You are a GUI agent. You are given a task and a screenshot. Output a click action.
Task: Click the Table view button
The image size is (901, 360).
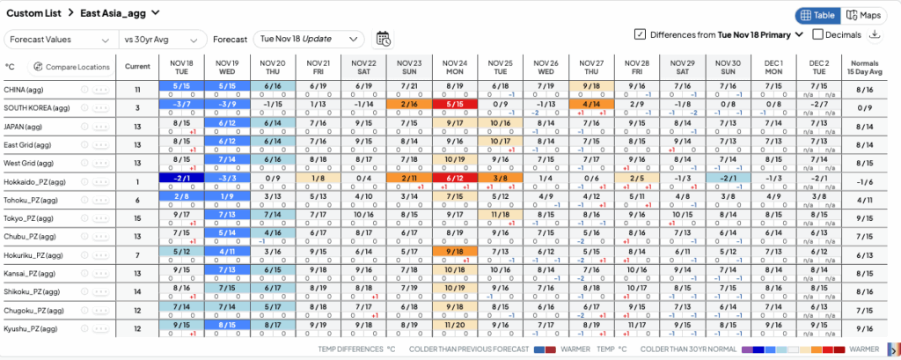click(817, 15)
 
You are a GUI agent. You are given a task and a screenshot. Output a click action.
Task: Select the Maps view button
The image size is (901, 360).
click(864, 15)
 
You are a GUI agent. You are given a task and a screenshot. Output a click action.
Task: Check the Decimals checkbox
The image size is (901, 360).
click(818, 34)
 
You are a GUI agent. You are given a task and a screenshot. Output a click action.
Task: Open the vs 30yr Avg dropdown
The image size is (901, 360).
click(163, 39)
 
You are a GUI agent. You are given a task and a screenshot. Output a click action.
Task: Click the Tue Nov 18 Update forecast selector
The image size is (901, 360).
click(308, 39)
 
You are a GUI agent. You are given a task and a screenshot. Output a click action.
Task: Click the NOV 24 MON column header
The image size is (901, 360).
click(455, 67)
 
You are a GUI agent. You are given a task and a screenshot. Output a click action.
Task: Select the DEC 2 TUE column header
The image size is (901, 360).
click(819, 67)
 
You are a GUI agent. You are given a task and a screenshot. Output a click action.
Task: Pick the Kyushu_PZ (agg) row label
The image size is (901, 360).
click(33, 328)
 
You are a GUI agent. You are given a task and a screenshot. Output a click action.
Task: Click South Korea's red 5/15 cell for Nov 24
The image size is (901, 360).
click(455, 104)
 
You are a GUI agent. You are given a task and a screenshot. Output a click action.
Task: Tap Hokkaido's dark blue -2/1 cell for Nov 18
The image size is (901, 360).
click(181, 178)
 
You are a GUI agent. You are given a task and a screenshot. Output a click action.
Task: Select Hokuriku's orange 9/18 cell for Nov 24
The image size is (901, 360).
click(455, 252)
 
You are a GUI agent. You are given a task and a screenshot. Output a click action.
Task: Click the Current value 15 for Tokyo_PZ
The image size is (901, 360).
click(137, 217)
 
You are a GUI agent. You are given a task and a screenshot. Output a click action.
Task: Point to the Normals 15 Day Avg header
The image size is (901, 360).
click(864, 67)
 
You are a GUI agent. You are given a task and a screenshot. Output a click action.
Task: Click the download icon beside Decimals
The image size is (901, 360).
click(875, 34)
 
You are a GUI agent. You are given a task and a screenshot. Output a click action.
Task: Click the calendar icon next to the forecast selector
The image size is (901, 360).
click(384, 38)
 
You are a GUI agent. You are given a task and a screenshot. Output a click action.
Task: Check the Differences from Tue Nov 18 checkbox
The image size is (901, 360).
click(640, 34)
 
